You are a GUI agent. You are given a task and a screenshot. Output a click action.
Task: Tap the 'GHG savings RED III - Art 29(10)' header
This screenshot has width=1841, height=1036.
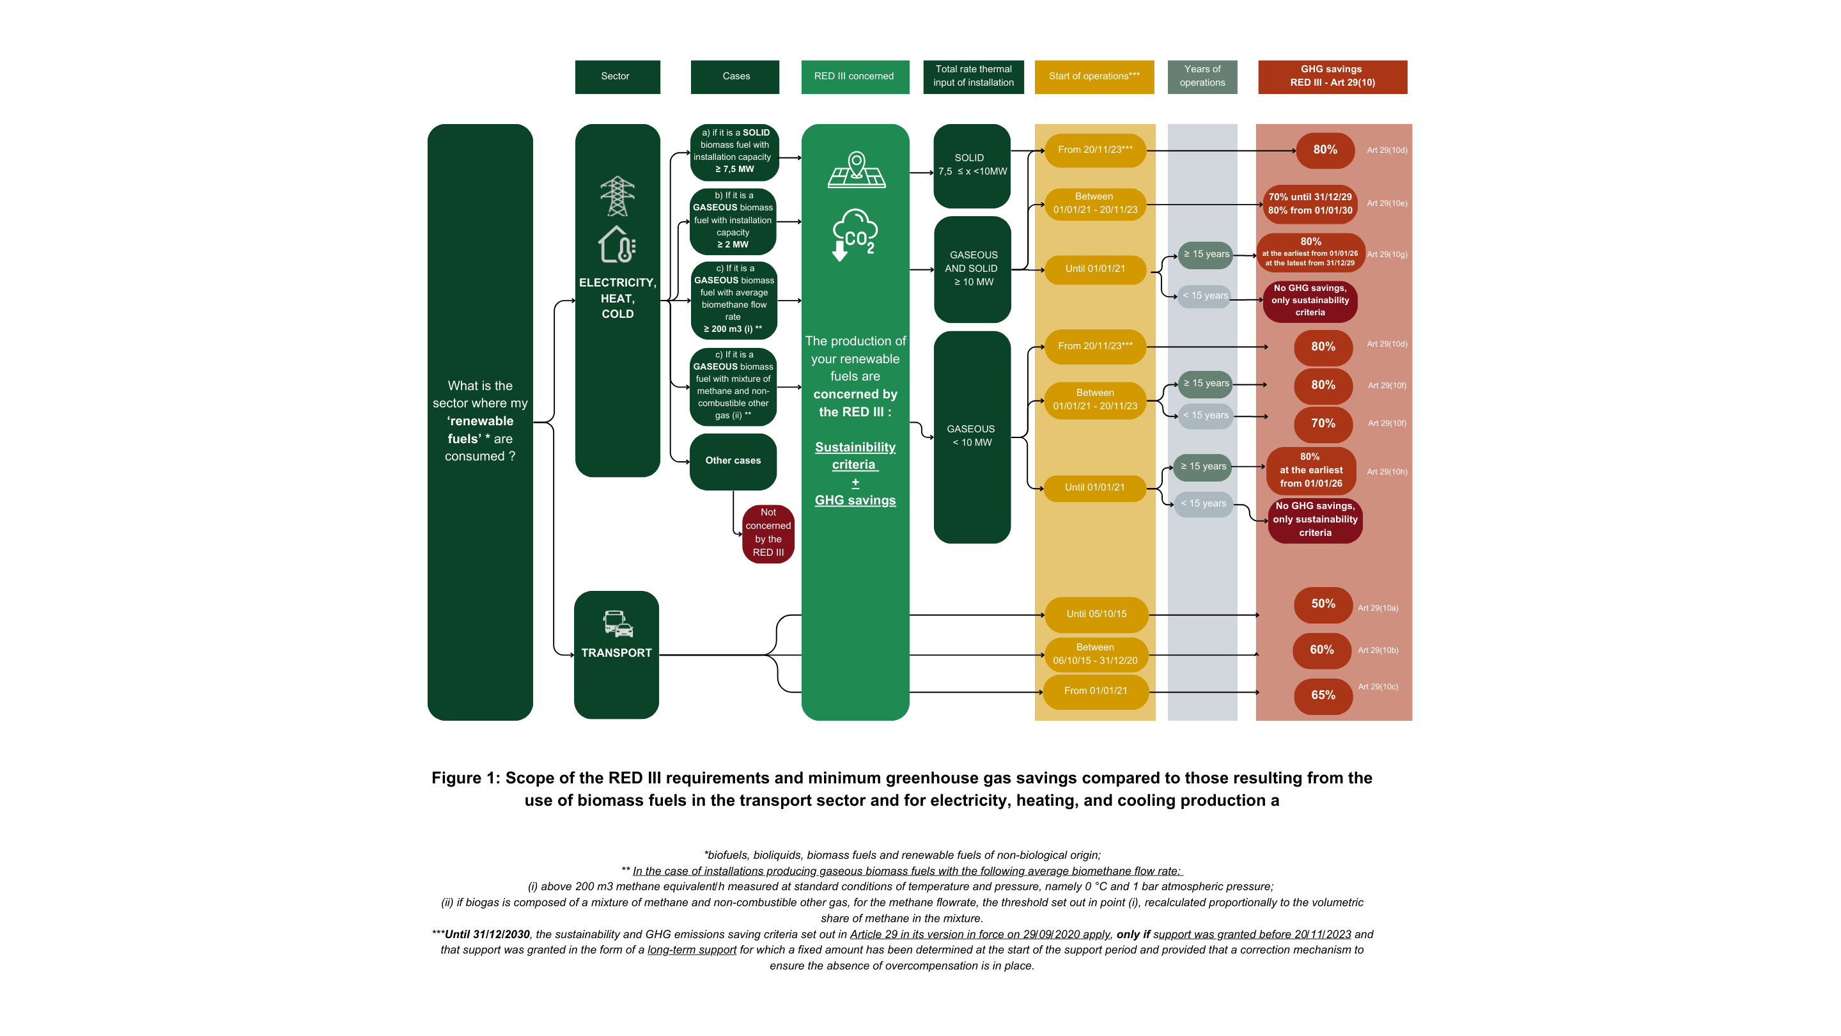point(1332,77)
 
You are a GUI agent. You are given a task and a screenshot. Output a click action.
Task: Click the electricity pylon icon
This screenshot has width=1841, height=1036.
point(618,196)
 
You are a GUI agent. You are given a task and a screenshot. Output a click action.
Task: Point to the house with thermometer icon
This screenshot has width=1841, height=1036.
point(617,244)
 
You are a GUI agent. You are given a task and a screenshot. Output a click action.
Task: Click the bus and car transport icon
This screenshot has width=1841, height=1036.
point(618,624)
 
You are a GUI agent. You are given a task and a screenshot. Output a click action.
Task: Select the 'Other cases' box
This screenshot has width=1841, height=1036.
point(733,461)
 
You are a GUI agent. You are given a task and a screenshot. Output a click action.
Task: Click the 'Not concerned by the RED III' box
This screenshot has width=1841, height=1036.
point(768,533)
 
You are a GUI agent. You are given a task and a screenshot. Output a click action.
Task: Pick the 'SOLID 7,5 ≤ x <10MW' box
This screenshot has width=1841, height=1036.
point(972,165)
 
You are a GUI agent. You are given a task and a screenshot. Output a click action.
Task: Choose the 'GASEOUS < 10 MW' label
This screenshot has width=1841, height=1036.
point(970,436)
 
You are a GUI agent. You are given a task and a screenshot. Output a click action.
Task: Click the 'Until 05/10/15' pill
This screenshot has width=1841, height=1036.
point(1096,614)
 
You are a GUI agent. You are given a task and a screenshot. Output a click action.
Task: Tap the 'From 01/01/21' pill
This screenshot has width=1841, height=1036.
point(1096,691)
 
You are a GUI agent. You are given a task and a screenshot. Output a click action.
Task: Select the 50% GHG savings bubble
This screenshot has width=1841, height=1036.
point(1323,604)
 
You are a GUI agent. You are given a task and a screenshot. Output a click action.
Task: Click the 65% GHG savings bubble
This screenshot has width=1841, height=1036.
point(1323,696)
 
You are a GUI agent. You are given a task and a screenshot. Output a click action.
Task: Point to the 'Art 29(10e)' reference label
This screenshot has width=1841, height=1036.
point(1387,204)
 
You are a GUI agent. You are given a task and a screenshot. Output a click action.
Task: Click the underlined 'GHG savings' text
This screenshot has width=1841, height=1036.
point(855,501)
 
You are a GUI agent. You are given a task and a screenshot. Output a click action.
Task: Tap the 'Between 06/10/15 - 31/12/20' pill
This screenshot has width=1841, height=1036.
point(1096,654)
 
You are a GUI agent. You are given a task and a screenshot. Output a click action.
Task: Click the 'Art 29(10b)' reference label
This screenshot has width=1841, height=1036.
point(1378,650)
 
